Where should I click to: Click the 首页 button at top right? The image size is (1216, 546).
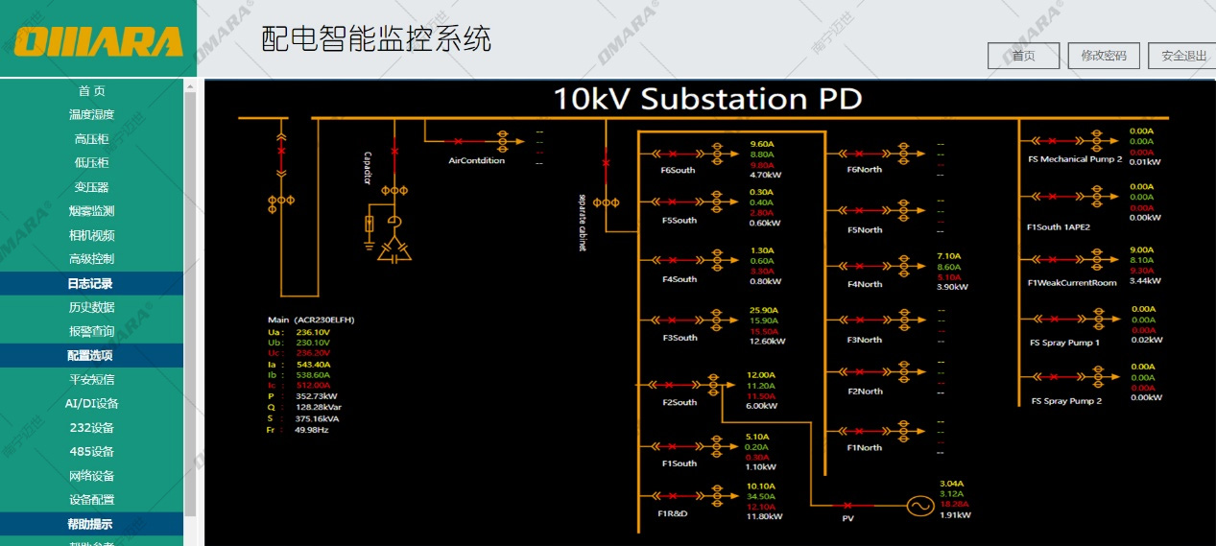pos(1023,56)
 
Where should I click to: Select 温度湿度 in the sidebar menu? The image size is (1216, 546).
pos(91,115)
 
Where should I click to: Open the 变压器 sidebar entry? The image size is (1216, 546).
pos(91,187)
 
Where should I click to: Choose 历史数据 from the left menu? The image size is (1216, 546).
pos(91,307)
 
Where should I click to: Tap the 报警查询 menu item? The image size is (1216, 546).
pos(91,331)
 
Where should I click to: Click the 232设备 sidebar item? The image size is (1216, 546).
pos(91,427)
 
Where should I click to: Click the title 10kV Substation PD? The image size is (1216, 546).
pos(707,99)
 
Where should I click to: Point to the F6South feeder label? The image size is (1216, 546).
pos(678,171)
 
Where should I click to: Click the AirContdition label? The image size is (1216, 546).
pos(476,160)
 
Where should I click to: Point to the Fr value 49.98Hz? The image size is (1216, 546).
pos(311,430)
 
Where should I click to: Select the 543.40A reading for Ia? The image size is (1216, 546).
pos(313,365)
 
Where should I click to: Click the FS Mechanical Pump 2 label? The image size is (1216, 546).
pos(1074,159)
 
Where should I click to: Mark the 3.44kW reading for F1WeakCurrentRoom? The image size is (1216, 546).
pos(1145,281)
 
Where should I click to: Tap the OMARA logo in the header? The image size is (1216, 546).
pos(98,41)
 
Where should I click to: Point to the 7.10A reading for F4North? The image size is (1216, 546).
pos(948,256)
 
